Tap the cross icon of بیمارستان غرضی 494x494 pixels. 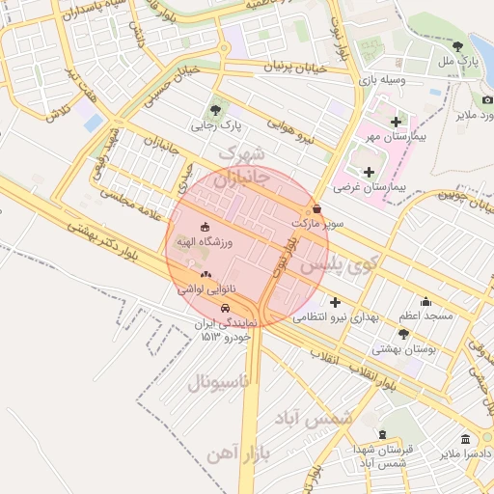click(x=369, y=171)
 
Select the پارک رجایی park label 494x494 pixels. click(x=215, y=125)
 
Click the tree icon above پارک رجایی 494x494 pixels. click(x=215, y=109)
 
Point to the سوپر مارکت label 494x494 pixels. click(x=316, y=223)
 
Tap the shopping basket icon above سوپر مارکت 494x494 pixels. click(x=316, y=208)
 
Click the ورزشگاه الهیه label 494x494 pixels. click(x=204, y=241)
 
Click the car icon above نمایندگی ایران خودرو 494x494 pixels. click(x=226, y=308)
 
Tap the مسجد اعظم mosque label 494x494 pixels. click(x=423, y=316)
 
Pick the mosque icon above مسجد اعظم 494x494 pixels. click(x=425, y=301)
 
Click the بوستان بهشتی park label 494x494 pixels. click(x=405, y=350)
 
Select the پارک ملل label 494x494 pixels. click(x=458, y=61)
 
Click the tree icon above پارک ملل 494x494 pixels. click(x=457, y=45)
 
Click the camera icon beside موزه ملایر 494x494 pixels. click(x=487, y=99)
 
